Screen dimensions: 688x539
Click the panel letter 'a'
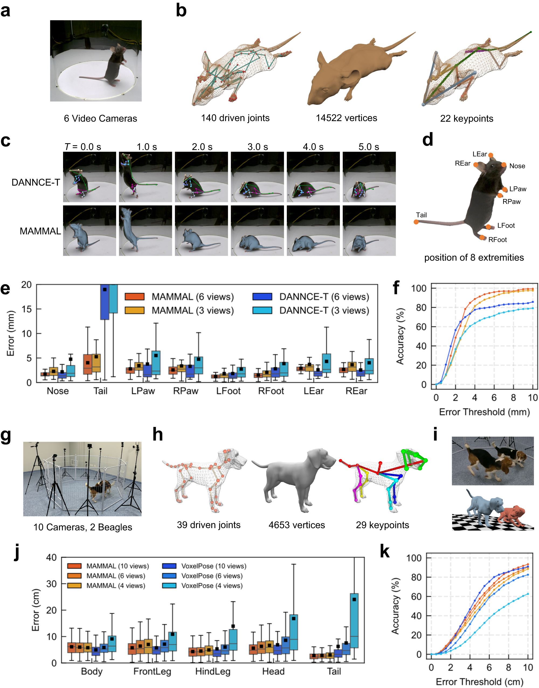click(x=5, y=11)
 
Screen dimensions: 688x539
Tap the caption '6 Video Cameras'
click(x=100, y=118)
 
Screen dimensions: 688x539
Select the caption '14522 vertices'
click(x=346, y=118)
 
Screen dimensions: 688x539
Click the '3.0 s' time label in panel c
click(x=258, y=147)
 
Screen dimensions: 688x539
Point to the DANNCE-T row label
click(x=36, y=182)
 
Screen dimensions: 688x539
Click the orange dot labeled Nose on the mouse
click(x=504, y=165)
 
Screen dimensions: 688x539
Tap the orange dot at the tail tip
click(x=416, y=222)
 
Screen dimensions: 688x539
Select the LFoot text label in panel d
click(x=506, y=225)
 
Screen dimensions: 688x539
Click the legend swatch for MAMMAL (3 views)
click(x=134, y=310)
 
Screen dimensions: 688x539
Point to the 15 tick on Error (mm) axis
click(x=27, y=309)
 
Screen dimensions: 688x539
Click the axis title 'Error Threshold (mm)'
click(x=484, y=412)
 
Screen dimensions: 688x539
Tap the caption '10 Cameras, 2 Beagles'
click(x=83, y=527)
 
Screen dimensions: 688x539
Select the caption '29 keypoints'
click(x=382, y=525)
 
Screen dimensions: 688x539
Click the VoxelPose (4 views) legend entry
click(x=212, y=586)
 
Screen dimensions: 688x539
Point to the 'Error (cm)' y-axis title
click(x=36, y=610)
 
